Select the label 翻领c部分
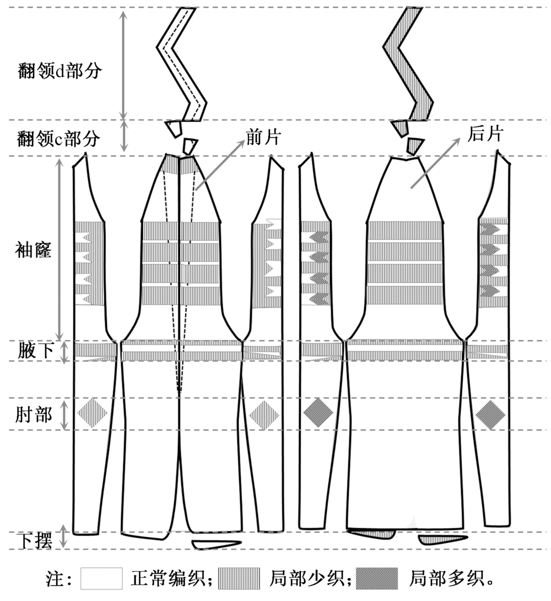(x=58, y=139)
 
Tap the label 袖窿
(x=33, y=251)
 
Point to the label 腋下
(x=34, y=351)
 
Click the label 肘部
(x=34, y=414)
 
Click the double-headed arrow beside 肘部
(x=64, y=414)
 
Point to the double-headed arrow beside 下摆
(x=64, y=537)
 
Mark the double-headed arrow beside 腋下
(x=64, y=352)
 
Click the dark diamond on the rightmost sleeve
(x=490, y=414)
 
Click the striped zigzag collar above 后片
(x=409, y=61)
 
